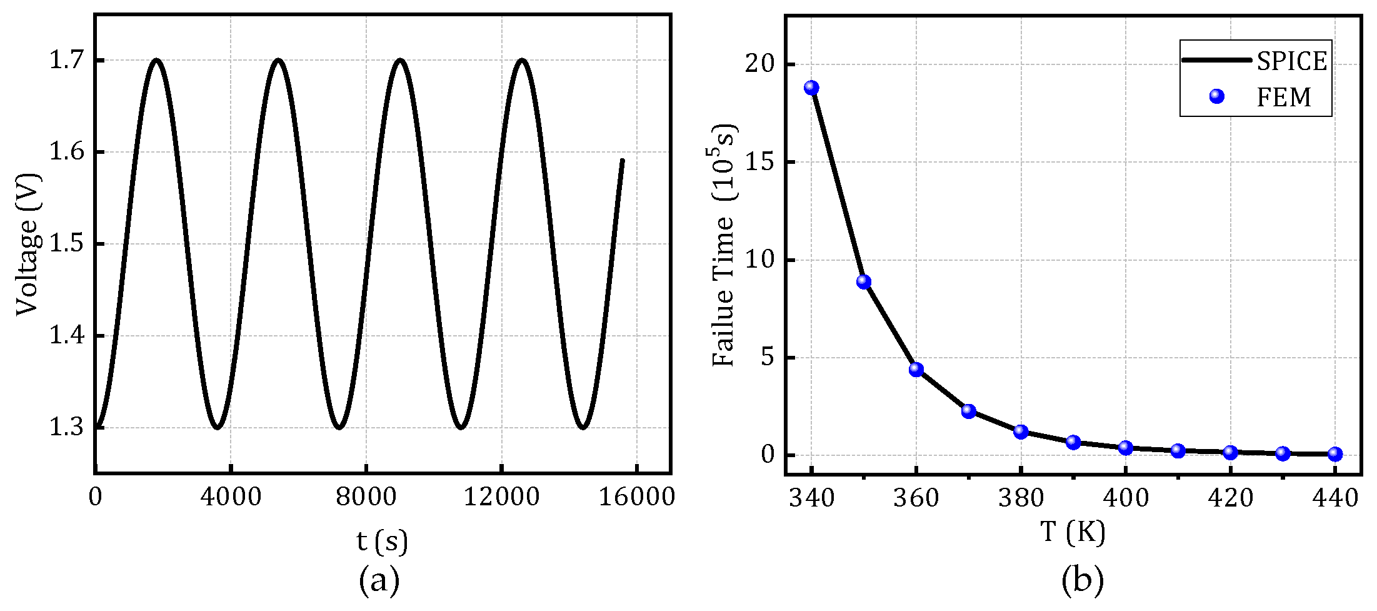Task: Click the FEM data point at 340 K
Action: click(x=811, y=88)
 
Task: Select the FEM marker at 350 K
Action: click(x=864, y=281)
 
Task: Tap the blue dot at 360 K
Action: click(x=916, y=370)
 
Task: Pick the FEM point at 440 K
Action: click(x=1335, y=454)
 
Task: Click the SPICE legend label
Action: click(x=1291, y=61)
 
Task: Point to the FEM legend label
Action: click(x=1284, y=98)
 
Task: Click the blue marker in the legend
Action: click(x=1216, y=96)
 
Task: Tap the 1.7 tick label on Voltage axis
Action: click(x=67, y=61)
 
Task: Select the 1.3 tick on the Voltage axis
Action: click(x=67, y=428)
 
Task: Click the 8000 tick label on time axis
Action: click(x=366, y=497)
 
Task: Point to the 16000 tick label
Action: click(x=636, y=497)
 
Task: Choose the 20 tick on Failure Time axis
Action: click(x=760, y=65)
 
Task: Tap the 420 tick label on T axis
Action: click(x=1230, y=498)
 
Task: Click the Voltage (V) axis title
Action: click(x=28, y=245)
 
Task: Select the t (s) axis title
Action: click(x=382, y=540)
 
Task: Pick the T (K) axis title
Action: click(x=1073, y=532)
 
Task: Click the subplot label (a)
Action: click(x=379, y=581)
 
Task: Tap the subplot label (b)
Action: click(x=1082, y=581)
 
